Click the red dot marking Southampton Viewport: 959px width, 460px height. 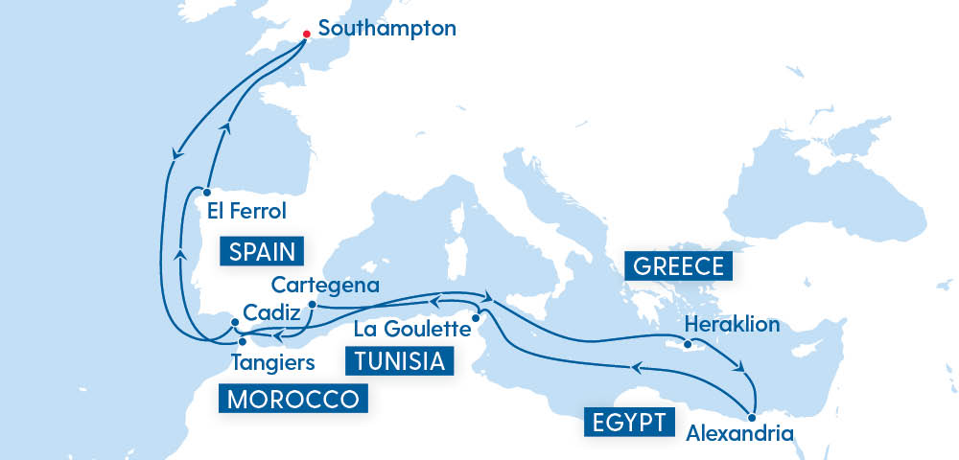click(306, 34)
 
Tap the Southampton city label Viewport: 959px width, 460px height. click(386, 28)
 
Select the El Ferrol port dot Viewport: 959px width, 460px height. click(206, 191)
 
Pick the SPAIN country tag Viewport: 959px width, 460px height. click(262, 251)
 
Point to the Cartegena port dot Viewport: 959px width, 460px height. click(312, 305)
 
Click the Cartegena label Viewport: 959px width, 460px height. click(325, 285)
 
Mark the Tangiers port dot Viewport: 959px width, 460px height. click(242, 341)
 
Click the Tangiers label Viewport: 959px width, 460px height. click(273, 362)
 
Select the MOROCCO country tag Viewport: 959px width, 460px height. click(293, 398)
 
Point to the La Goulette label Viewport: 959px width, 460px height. click(413, 329)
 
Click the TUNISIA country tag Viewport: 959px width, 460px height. click(398, 361)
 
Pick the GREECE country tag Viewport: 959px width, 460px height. click(679, 264)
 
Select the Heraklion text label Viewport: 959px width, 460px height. click(732, 324)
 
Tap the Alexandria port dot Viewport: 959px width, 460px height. click(752, 417)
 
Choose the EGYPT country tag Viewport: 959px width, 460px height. click(627, 422)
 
